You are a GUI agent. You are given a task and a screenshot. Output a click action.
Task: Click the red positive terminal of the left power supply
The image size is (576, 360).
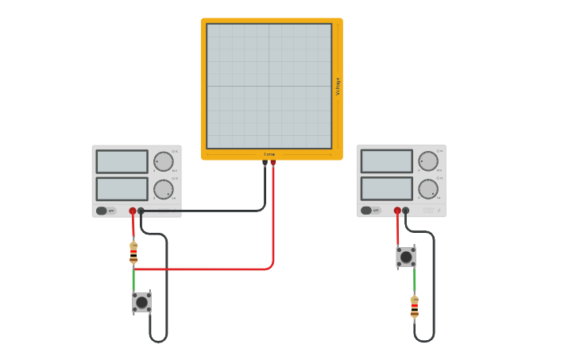pyautogui.click(x=133, y=211)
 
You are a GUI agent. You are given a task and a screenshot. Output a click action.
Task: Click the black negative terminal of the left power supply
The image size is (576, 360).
pyautogui.click(x=141, y=211)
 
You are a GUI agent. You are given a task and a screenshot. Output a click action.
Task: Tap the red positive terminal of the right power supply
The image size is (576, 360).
pyautogui.click(x=397, y=211)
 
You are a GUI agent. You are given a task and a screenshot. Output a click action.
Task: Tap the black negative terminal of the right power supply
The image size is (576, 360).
pyautogui.click(x=406, y=211)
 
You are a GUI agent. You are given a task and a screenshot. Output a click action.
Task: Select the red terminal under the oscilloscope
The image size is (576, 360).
pyautogui.click(x=273, y=162)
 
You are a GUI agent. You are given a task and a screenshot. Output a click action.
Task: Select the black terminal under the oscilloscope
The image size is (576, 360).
pyautogui.click(x=265, y=162)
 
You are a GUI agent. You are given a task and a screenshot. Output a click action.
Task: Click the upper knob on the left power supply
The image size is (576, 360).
pyautogui.click(x=164, y=161)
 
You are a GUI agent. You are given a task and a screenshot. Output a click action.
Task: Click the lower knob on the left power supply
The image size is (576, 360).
pyautogui.click(x=164, y=189)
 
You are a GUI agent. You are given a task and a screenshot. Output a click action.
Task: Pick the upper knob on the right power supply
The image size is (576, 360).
pyautogui.click(x=428, y=161)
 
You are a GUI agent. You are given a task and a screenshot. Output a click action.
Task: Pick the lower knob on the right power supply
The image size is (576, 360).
pyautogui.click(x=428, y=189)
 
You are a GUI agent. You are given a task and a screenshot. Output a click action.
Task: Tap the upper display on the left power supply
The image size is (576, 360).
pyautogui.click(x=122, y=161)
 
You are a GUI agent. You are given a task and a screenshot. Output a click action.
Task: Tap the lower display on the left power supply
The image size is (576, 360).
pyautogui.click(x=122, y=188)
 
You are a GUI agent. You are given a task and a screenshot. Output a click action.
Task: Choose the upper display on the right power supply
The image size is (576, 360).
pyautogui.click(x=387, y=161)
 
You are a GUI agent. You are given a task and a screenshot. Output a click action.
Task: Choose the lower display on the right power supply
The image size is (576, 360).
pyautogui.click(x=387, y=188)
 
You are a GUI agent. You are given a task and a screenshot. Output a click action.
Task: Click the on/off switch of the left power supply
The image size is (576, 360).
pyautogui.click(x=102, y=211)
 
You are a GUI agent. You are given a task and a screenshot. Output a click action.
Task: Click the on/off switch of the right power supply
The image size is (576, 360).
pyautogui.click(x=367, y=211)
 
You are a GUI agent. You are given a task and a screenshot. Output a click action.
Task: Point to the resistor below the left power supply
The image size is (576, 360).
pyautogui.click(x=133, y=253)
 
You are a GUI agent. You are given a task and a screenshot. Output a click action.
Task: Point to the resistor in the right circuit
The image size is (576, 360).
pyautogui.click(x=414, y=307)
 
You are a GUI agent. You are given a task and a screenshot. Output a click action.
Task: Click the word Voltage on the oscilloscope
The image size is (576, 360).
pyautogui.click(x=338, y=86)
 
